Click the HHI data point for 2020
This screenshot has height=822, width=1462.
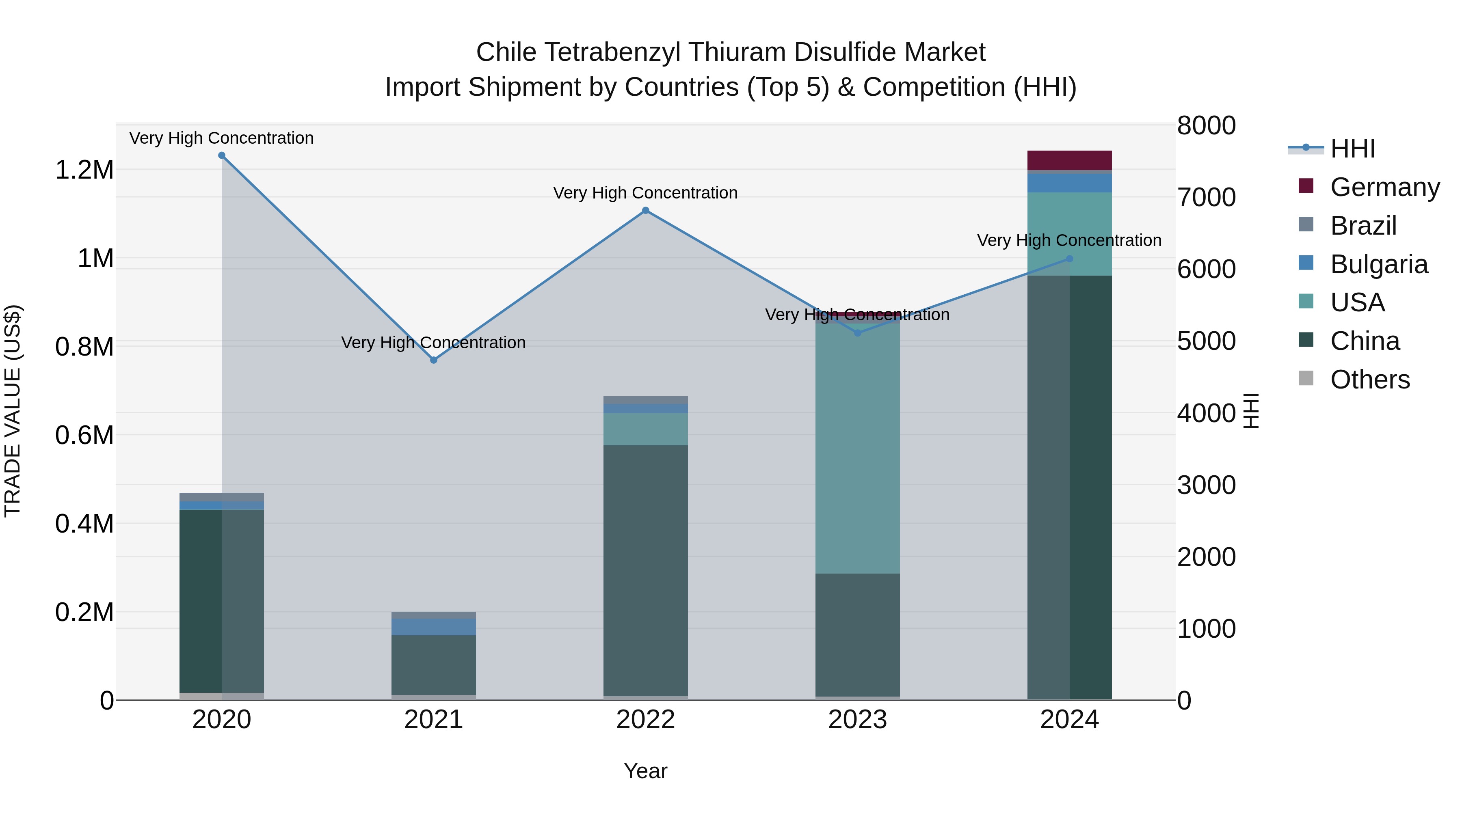click(222, 155)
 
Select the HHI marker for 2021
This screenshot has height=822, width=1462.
click(434, 360)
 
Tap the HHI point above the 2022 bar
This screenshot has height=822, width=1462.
click(645, 210)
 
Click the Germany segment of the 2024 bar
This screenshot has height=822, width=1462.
click(1069, 160)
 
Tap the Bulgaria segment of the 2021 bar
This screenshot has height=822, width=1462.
click(434, 627)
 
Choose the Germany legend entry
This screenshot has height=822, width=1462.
click(1385, 187)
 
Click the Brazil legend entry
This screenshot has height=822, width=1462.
click(1363, 226)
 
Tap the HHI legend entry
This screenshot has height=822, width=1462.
click(1352, 149)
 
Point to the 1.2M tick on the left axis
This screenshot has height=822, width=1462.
click(84, 170)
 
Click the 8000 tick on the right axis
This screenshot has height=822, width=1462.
click(1206, 125)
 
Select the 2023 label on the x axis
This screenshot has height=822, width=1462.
click(858, 720)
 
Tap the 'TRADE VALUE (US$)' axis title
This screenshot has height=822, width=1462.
click(13, 411)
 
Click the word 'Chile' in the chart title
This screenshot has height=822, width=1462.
click(506, 52)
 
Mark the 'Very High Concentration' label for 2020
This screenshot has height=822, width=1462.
click(221, 138)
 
